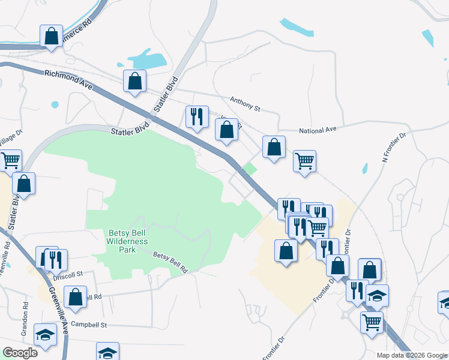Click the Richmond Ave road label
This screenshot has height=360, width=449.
point(68,79)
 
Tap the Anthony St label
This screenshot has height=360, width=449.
point(246,104)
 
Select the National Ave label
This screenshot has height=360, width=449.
point(319,130)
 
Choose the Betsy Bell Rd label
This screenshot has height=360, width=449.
point(170,263)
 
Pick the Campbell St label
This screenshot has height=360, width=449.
point(89,325)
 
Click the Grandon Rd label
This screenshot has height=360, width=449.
point(26,312)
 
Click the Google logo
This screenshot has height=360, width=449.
point(20,352)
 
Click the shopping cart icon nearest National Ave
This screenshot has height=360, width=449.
point(304,160)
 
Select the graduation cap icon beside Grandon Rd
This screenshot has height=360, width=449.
point(45,334)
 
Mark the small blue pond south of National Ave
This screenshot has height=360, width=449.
point(365,169)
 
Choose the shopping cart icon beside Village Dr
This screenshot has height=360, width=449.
point(10,160)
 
